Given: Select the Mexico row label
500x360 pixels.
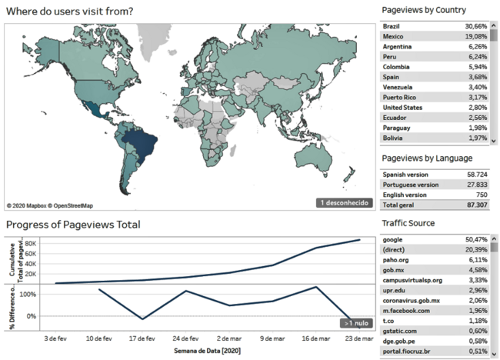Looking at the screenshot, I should click(395, 36).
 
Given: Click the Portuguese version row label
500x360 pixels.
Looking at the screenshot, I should click(410, 185).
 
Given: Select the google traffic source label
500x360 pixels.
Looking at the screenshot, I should click(393, 240).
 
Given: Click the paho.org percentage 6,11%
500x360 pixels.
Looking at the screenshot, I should click(475, 260).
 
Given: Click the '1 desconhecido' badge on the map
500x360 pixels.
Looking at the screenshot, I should click(346, 203).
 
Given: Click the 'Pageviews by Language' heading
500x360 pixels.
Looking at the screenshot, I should click(425, 158).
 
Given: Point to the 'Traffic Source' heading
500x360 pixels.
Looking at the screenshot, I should click(408, 223).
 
